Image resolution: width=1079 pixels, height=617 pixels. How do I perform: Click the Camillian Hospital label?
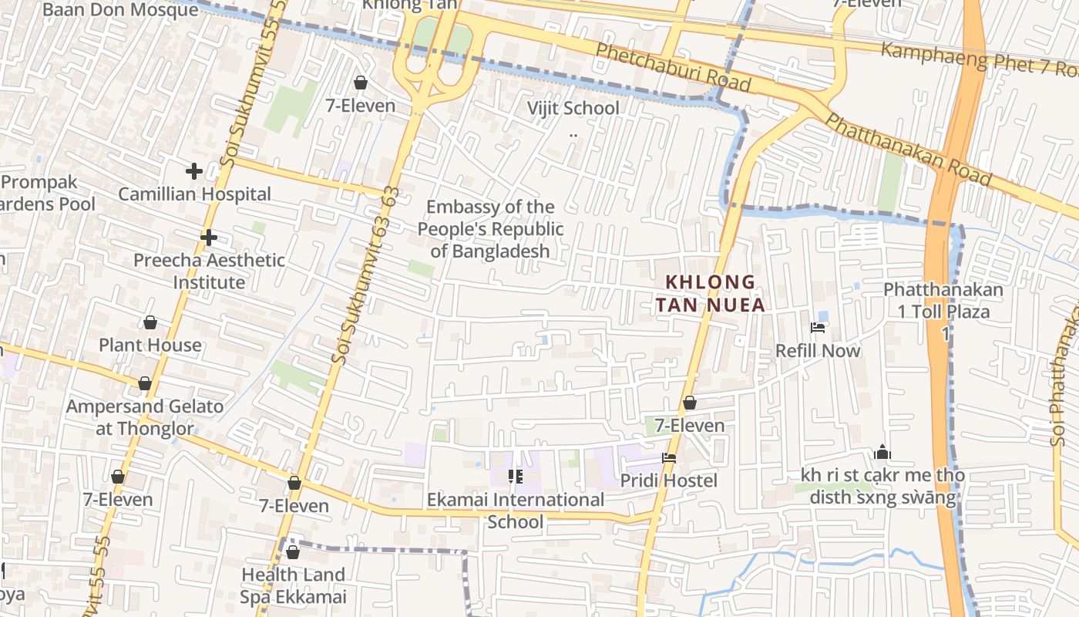[x=194, y=194]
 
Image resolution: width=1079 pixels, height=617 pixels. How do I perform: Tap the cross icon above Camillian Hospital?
[x=193, y=171]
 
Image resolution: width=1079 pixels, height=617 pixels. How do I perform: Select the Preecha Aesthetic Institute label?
[x=209, y=271]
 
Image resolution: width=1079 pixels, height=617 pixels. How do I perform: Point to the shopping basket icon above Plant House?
[x=150, y=322]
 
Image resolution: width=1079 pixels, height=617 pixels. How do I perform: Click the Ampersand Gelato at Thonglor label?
[x=145, y=416]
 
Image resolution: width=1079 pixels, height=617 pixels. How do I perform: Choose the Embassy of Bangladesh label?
[x=490, y=228]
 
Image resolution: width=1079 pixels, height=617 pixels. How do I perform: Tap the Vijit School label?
[x=573, y=108]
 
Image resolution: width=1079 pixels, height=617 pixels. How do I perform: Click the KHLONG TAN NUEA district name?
[x=711, y=293]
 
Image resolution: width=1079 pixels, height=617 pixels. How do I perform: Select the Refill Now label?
[x=818, y=350]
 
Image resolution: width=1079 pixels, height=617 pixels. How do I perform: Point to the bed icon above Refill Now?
[x=818, y=328]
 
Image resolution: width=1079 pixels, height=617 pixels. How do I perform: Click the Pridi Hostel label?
[x=669, y=480]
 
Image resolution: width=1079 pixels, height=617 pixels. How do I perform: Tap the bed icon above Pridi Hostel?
[x=669, y=458]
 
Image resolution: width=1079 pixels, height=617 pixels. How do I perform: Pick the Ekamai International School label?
[x=516, y=511]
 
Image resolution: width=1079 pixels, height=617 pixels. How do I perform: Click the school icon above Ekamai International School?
[x=516, y=477]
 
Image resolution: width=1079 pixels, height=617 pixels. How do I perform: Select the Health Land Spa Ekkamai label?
[x=293, y=585]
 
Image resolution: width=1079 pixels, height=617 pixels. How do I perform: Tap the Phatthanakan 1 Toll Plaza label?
[x=943, y=301]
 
